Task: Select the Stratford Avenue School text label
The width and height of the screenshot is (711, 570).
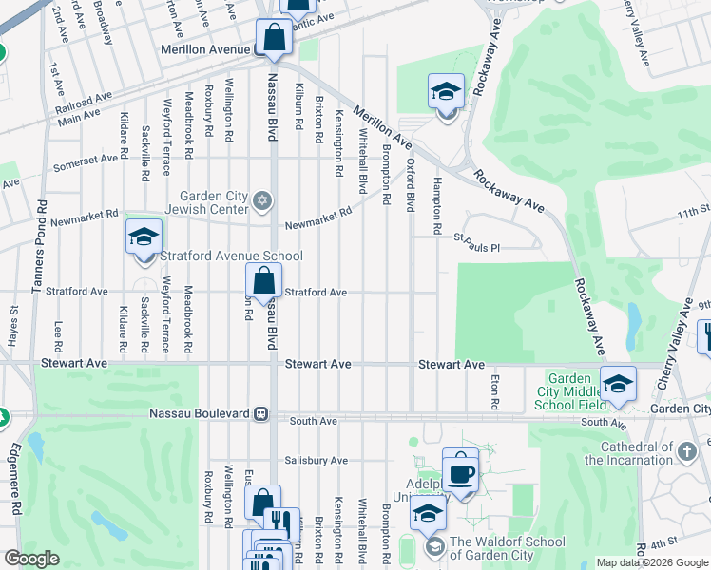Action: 234,256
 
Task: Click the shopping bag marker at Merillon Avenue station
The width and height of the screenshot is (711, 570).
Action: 274,40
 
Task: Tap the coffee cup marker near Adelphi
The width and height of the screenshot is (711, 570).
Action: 461,473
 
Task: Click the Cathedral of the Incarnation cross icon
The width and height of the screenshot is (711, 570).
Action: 688,448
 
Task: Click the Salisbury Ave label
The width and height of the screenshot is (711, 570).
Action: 316,460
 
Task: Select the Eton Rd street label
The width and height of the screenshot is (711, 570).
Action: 495,389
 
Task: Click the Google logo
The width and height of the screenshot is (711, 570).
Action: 31,559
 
